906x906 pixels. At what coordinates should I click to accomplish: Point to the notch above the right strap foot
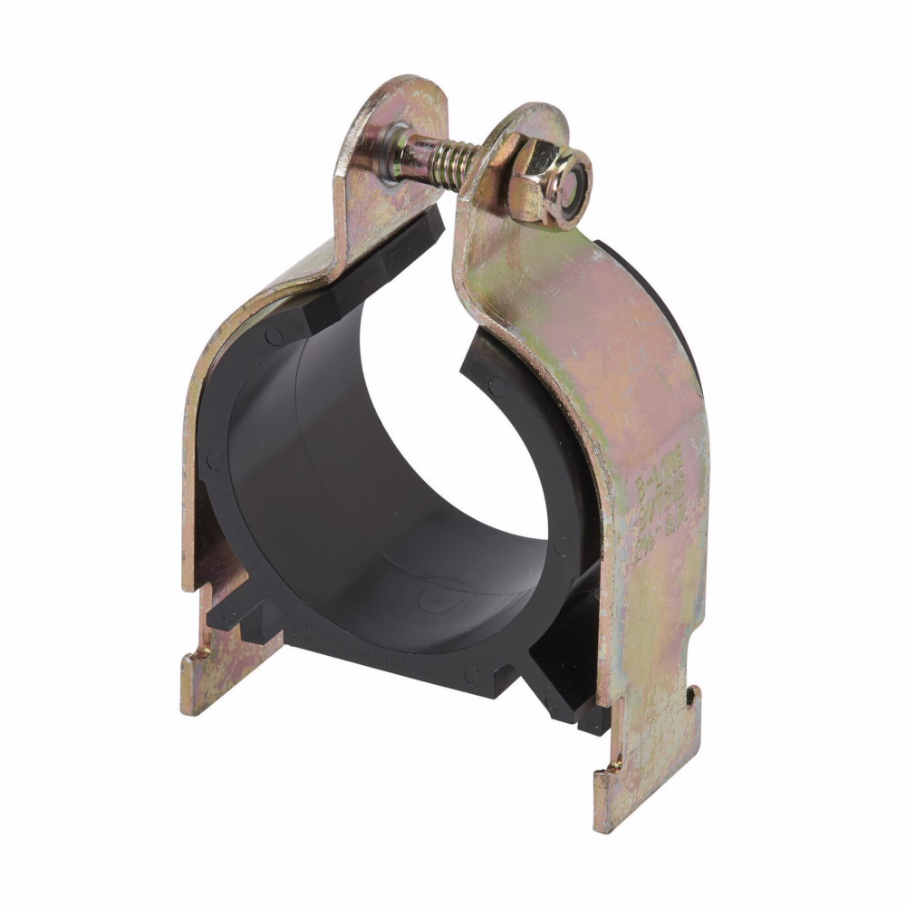(x=693, y=698)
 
